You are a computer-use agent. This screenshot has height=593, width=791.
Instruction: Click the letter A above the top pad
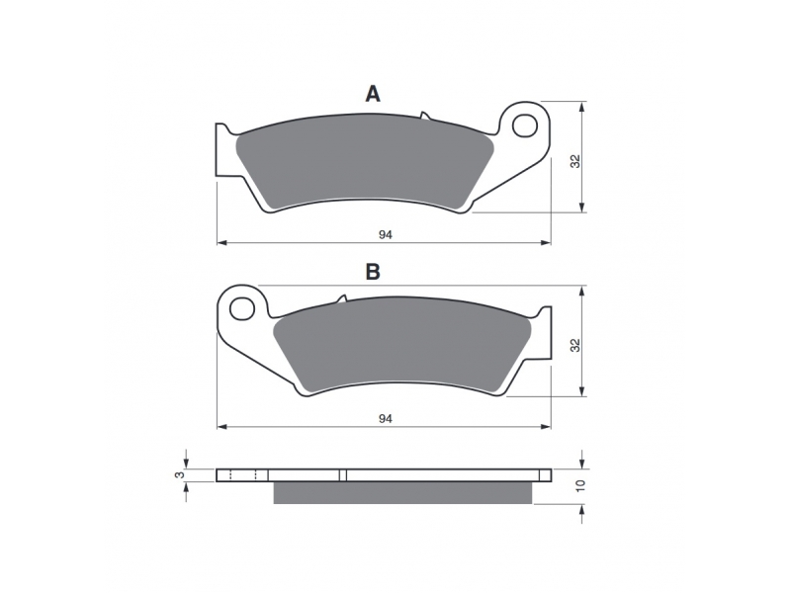pos(373,94)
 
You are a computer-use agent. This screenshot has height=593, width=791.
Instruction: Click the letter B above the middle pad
pos(373,272)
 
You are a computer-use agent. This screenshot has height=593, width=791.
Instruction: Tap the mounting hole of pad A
pos(525,126)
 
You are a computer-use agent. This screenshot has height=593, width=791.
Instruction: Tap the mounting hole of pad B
pos(242,308)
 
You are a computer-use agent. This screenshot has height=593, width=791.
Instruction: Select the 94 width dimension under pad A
pos(386,234)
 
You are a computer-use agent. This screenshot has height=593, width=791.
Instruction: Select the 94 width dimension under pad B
pos(386,418)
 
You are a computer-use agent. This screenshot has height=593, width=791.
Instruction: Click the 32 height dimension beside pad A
pos(575,161)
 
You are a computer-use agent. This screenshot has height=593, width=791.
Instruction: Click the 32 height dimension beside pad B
pos(575,345)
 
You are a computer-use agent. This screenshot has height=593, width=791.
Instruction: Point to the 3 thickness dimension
pos(177,475)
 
